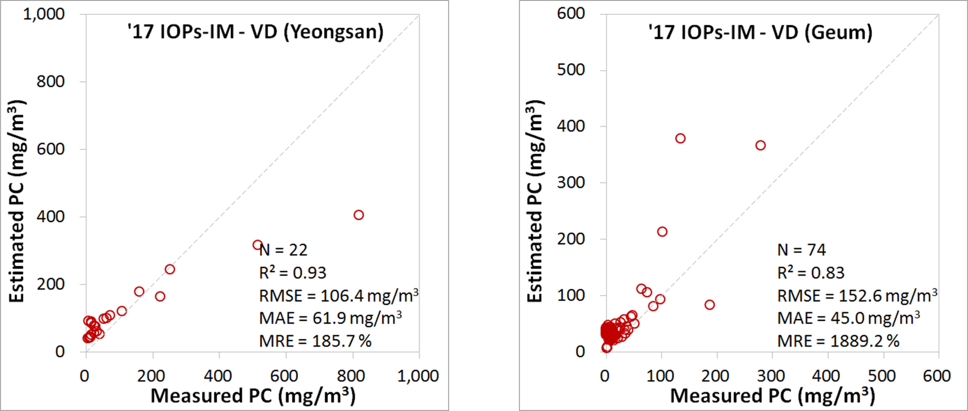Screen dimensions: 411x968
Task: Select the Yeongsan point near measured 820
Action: point(358,215)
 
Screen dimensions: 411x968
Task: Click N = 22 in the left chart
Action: point(284,250)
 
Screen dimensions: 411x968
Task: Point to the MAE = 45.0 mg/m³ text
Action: point(848,318)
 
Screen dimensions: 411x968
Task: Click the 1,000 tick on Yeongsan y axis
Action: point(44,14)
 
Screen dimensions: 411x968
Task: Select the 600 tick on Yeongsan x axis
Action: point(286,376)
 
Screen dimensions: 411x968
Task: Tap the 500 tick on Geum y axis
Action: point(571,70)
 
